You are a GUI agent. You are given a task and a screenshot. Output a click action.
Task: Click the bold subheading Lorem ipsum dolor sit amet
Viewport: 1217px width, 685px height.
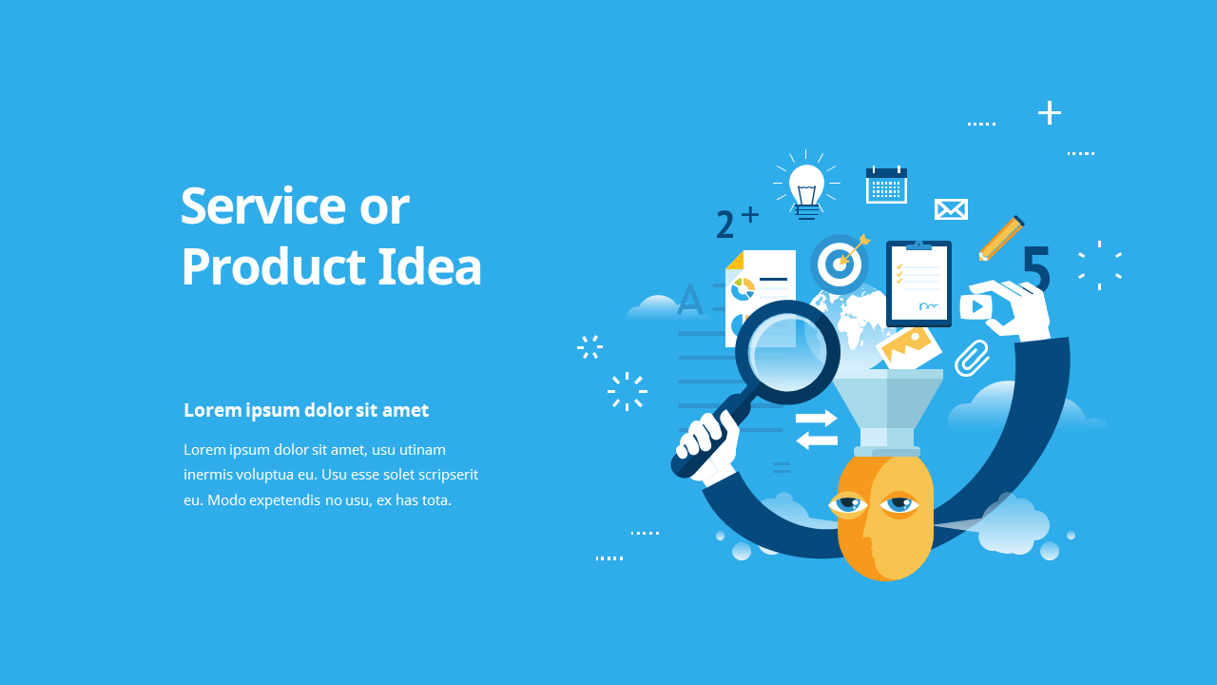tap(306, 410)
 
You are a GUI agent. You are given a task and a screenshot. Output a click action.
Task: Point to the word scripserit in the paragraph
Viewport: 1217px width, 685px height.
tap(443, 474)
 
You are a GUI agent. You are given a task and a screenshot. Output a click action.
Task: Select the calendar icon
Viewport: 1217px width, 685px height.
tap(886, 186)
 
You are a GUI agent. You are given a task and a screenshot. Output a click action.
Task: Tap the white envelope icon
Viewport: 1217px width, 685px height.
tap(951, 209)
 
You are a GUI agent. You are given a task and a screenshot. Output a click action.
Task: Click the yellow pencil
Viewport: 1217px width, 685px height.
tap(1000, 238)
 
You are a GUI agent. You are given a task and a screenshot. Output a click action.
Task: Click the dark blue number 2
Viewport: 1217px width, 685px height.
tap(725, 225)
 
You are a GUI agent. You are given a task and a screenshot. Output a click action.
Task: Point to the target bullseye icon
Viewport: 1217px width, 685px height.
tap(838, 262)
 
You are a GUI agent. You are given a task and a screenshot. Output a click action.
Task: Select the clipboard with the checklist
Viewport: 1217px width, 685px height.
tap(918, 284)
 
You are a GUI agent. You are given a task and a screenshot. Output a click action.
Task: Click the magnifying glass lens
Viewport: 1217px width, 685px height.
tap(787, 352)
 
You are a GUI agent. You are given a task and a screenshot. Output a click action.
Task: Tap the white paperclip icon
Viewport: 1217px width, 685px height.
tap(972, 358)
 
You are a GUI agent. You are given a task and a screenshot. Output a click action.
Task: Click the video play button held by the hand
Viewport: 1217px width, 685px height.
tap(976, 306)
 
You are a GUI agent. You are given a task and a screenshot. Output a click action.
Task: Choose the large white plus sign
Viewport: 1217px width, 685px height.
tap(1049, 113)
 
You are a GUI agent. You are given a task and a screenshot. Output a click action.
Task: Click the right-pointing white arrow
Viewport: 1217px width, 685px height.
tap(817, 418)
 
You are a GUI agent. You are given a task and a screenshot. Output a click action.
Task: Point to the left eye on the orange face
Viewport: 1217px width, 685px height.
tap(848, 503)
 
